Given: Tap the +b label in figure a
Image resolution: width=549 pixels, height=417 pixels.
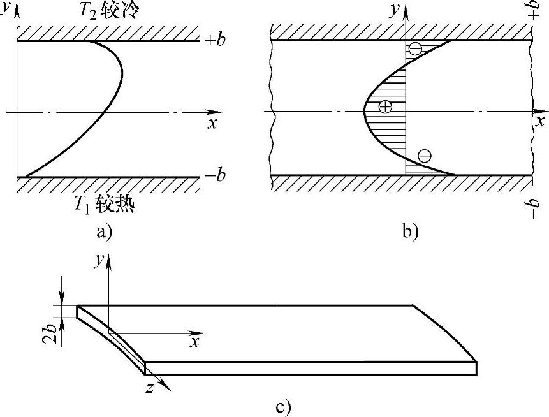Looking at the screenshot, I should click(x=215, y=40).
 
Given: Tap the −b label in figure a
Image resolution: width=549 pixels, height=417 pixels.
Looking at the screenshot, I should click(x=215, y=175).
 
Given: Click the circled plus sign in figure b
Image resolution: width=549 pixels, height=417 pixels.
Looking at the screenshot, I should click(x=385, y=106).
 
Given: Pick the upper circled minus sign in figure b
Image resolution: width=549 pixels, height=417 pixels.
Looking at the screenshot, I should click(x=415, y=48).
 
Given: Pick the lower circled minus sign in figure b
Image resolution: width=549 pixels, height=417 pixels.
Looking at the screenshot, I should click(x=424, y=154).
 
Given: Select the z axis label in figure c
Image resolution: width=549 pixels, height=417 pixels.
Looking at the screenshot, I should click(x=150, y=387).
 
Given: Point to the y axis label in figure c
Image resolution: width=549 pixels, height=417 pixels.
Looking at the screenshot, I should click(x=99, y=261).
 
